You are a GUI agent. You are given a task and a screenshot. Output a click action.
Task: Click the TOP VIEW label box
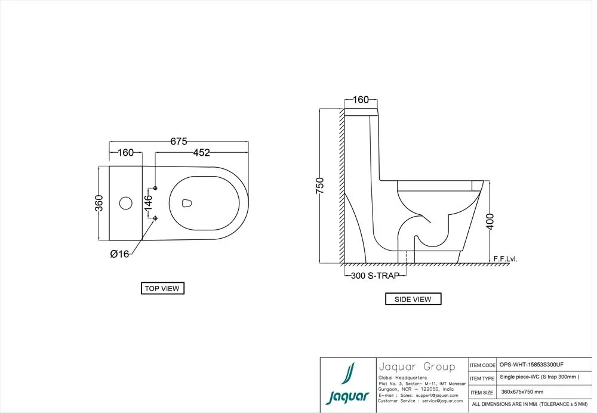click(x=162, y=288)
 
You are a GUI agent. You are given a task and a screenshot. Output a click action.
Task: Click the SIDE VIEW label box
click(x=413, y=299)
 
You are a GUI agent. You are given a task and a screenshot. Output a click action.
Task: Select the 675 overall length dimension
click(x=179, y=141)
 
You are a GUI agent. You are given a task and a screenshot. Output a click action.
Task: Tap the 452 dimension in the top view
click(x=201, y=153)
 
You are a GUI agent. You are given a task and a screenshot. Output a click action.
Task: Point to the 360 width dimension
click(x=100, y=202)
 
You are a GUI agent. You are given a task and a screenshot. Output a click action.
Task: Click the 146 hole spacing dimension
click(x=147, y=203)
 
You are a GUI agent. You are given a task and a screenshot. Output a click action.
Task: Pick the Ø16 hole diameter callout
click(x=120, y=254)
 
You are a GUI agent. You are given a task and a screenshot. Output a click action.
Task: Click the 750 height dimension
click(x=320, y=186)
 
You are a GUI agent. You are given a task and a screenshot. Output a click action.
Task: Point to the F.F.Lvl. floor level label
click(x=505, y=259)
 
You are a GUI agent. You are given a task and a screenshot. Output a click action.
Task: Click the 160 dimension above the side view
click(x=361, y=100)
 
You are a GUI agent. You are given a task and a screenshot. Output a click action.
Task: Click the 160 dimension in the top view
click(x=125, y=153)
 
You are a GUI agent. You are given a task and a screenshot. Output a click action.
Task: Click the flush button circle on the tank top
click(x=125, y=203)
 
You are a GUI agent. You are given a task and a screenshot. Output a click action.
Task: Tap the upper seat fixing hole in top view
click(x=156, y=189)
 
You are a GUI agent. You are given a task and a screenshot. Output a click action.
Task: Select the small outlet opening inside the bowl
click(x=187, y=203)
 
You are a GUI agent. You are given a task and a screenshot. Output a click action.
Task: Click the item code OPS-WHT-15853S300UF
click(x=531, y=365)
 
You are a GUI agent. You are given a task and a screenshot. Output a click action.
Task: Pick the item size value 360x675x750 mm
click(x=522, y=392)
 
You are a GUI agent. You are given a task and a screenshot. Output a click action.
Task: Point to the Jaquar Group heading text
click(x=416, y=366)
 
